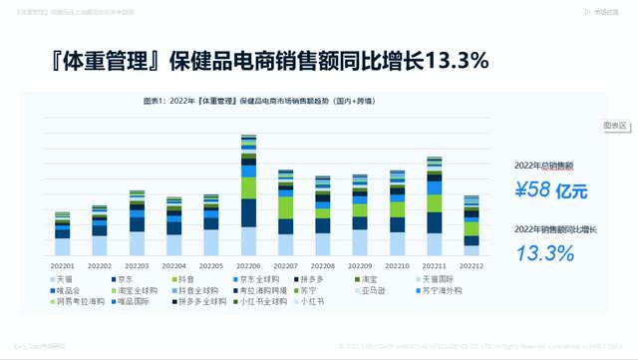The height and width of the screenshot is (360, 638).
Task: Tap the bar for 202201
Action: point(63,234)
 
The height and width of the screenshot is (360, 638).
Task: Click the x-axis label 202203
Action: point(137,266)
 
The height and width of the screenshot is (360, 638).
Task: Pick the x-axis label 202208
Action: point(322,266)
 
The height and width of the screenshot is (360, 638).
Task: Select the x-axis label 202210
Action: point(397,266)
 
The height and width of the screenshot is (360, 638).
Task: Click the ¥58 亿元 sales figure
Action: point(547,188)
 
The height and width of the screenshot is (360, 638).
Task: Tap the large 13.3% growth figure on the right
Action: point(546,253)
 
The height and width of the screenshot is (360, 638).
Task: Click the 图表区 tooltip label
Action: point(615,126)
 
